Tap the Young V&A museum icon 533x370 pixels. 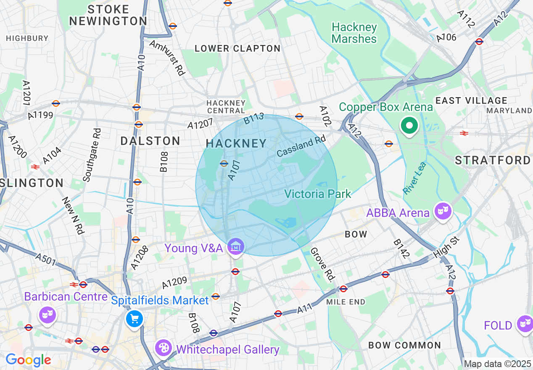[235, 247]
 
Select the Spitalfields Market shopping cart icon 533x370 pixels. [135, 319]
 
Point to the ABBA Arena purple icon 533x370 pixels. [443, 210]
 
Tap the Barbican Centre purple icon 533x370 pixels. [47, 314]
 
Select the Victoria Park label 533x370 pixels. [317, 194]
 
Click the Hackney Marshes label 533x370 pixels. [354, 33]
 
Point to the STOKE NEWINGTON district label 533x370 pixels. [108, 15]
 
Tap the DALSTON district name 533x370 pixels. [150, 141]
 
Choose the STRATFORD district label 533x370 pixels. [493, 160]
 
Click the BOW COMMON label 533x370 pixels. [404, 345]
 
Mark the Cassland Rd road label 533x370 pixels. [301, 146]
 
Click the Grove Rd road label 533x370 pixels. [323, 264]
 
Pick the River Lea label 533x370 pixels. [415, 178]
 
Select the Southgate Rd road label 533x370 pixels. [92, 155]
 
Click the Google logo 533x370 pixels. [28, 360]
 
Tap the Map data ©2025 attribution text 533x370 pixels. [497, 364]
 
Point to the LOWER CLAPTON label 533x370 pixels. [237, 48]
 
